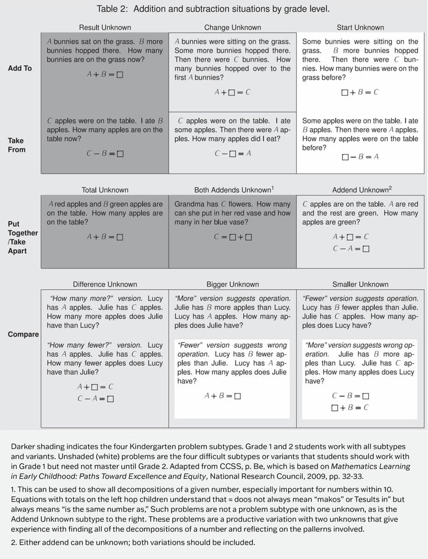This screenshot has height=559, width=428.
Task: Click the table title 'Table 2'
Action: click(213, 9)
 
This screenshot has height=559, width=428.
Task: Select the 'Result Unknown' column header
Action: click(105, 27)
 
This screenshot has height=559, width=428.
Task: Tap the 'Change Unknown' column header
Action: click(233, 27)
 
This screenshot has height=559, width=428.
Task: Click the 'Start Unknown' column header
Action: click(360, 27)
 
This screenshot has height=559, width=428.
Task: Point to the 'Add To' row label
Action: click(20, 68)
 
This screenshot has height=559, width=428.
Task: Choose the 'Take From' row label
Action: click(17, 145)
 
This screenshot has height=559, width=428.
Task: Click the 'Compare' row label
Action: click(23, 335)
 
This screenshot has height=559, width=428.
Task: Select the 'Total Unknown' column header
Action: click(105, 190)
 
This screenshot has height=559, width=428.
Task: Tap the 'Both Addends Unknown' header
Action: click(233, 190)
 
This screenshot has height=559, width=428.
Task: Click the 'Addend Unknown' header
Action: click(361, 190)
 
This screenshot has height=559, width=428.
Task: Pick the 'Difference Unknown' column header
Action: click(105, 285)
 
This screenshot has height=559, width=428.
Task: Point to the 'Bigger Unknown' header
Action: click(233, 285)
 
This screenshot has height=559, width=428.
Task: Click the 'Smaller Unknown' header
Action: click(360, 285)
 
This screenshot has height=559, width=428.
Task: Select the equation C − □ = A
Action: click(233, 153)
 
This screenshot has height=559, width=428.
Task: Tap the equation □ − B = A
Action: click(360, 157)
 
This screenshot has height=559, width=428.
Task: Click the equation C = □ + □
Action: click(233, 237)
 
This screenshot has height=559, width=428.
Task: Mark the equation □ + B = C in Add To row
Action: click(360, 93)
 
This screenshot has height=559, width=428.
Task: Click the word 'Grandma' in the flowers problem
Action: click(188, 204)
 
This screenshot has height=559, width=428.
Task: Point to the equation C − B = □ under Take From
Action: click(105, 153)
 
